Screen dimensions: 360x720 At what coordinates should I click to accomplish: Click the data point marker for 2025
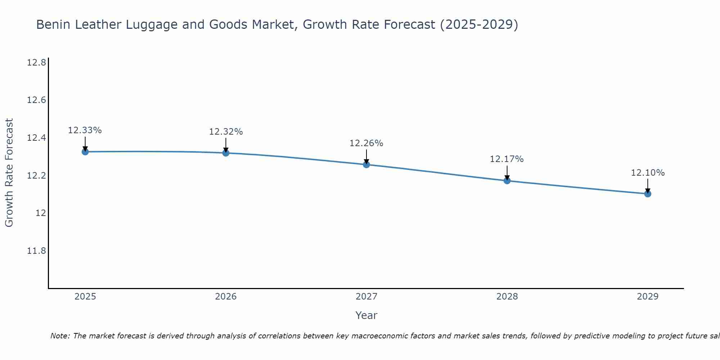[85, 152]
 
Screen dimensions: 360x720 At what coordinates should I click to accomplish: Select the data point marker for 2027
[366, 165]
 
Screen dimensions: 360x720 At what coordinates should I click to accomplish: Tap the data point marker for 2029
[648, 194]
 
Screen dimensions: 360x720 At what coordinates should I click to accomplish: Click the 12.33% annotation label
[85, 130]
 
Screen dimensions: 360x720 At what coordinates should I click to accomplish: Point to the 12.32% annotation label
[226, 132]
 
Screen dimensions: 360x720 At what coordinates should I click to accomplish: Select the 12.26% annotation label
[366, 143]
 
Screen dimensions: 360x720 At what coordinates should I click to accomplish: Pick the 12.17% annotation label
[507, 159]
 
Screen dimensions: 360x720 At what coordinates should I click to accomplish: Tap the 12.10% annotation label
[648, 173]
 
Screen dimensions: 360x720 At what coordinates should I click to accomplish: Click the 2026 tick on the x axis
[226, 297]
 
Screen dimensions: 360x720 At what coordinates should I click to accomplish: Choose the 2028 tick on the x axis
[507, 297]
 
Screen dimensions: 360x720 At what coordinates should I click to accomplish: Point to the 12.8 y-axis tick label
[36, 63]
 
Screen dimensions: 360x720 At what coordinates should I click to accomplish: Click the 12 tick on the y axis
[41, 213]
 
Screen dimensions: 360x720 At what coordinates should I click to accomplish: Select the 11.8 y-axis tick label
[36, 251]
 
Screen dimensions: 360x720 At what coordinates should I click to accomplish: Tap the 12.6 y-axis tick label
[36, 100]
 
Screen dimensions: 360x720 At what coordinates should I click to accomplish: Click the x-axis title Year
[366, 315]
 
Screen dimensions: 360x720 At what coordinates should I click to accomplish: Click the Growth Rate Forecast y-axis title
[9, 173]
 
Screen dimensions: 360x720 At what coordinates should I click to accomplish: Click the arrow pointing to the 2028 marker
[507, 173]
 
